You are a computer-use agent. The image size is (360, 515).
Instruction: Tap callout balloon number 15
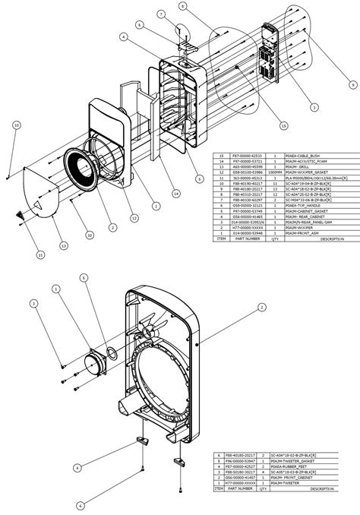point(283,125)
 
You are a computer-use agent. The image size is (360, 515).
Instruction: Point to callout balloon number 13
point(65,245)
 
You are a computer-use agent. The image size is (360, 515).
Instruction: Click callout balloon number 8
point(182,6)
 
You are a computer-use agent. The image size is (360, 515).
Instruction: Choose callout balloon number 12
point(134,219)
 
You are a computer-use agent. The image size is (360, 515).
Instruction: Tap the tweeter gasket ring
point(111,352)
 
